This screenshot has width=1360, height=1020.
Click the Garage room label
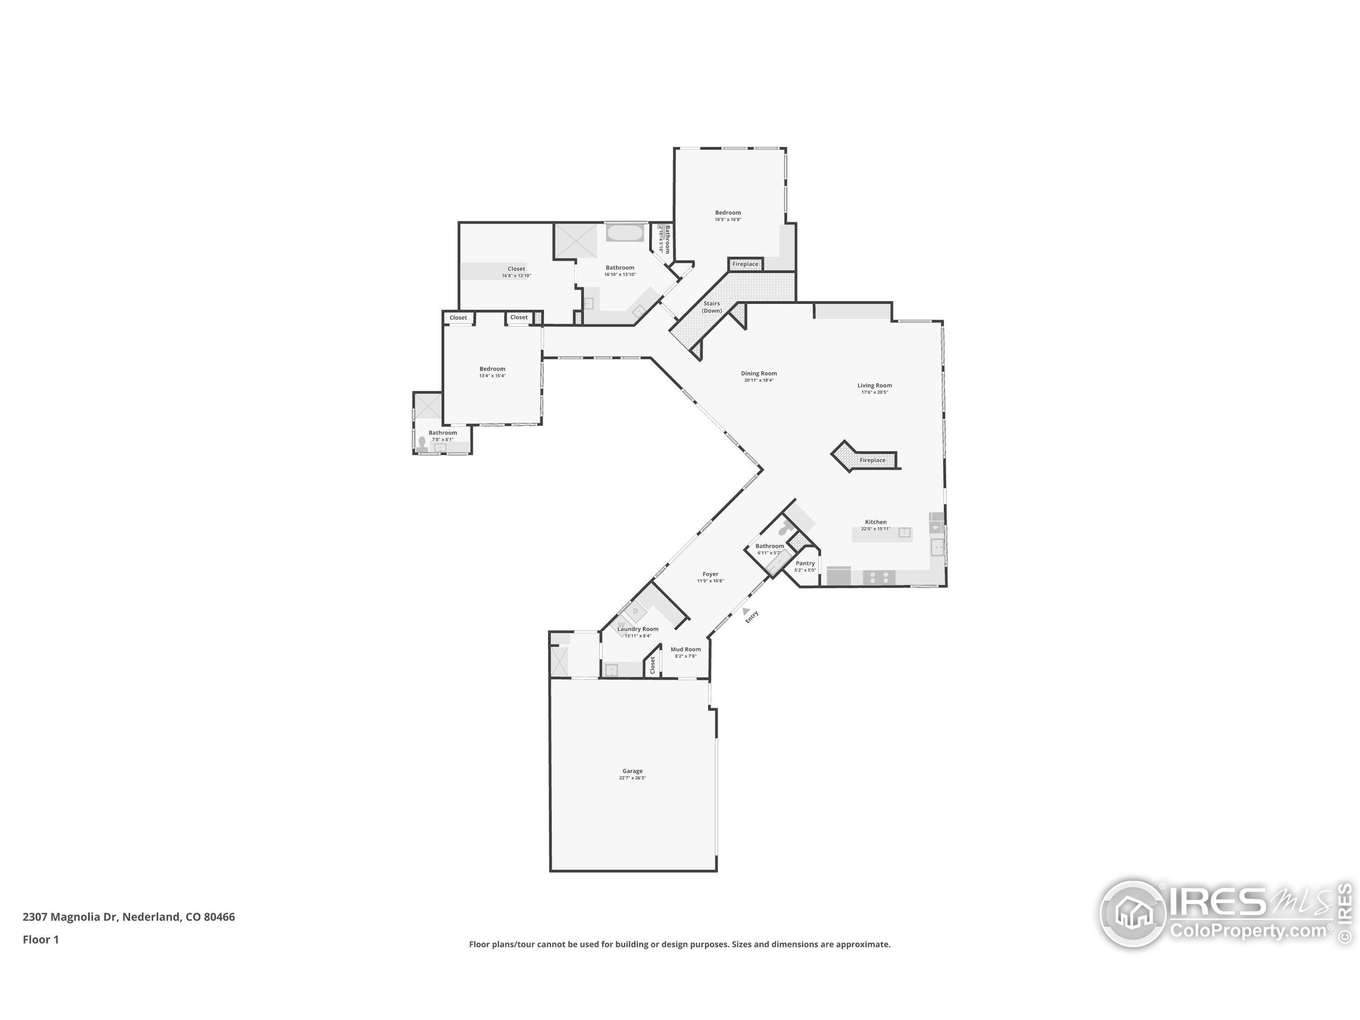(632, 771)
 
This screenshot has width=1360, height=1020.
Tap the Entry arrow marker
(746, 611)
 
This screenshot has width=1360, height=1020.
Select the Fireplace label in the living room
(872, 460)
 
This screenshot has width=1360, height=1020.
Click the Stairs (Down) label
(711, 307)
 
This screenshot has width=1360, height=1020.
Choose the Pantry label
(805, 563)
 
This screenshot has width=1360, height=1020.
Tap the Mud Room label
(685, 649)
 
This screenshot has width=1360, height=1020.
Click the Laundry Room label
(637, 629)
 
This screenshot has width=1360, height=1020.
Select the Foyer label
(710, 574)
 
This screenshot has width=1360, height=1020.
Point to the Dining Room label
(759, 373)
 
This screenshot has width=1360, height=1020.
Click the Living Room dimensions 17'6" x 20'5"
(874, 392)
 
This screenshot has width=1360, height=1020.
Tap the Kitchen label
(875, 522)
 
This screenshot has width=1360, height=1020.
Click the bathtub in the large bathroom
(625, 233)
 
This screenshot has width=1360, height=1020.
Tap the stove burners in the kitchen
(879, 577)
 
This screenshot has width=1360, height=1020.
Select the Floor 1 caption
(40, 939)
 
